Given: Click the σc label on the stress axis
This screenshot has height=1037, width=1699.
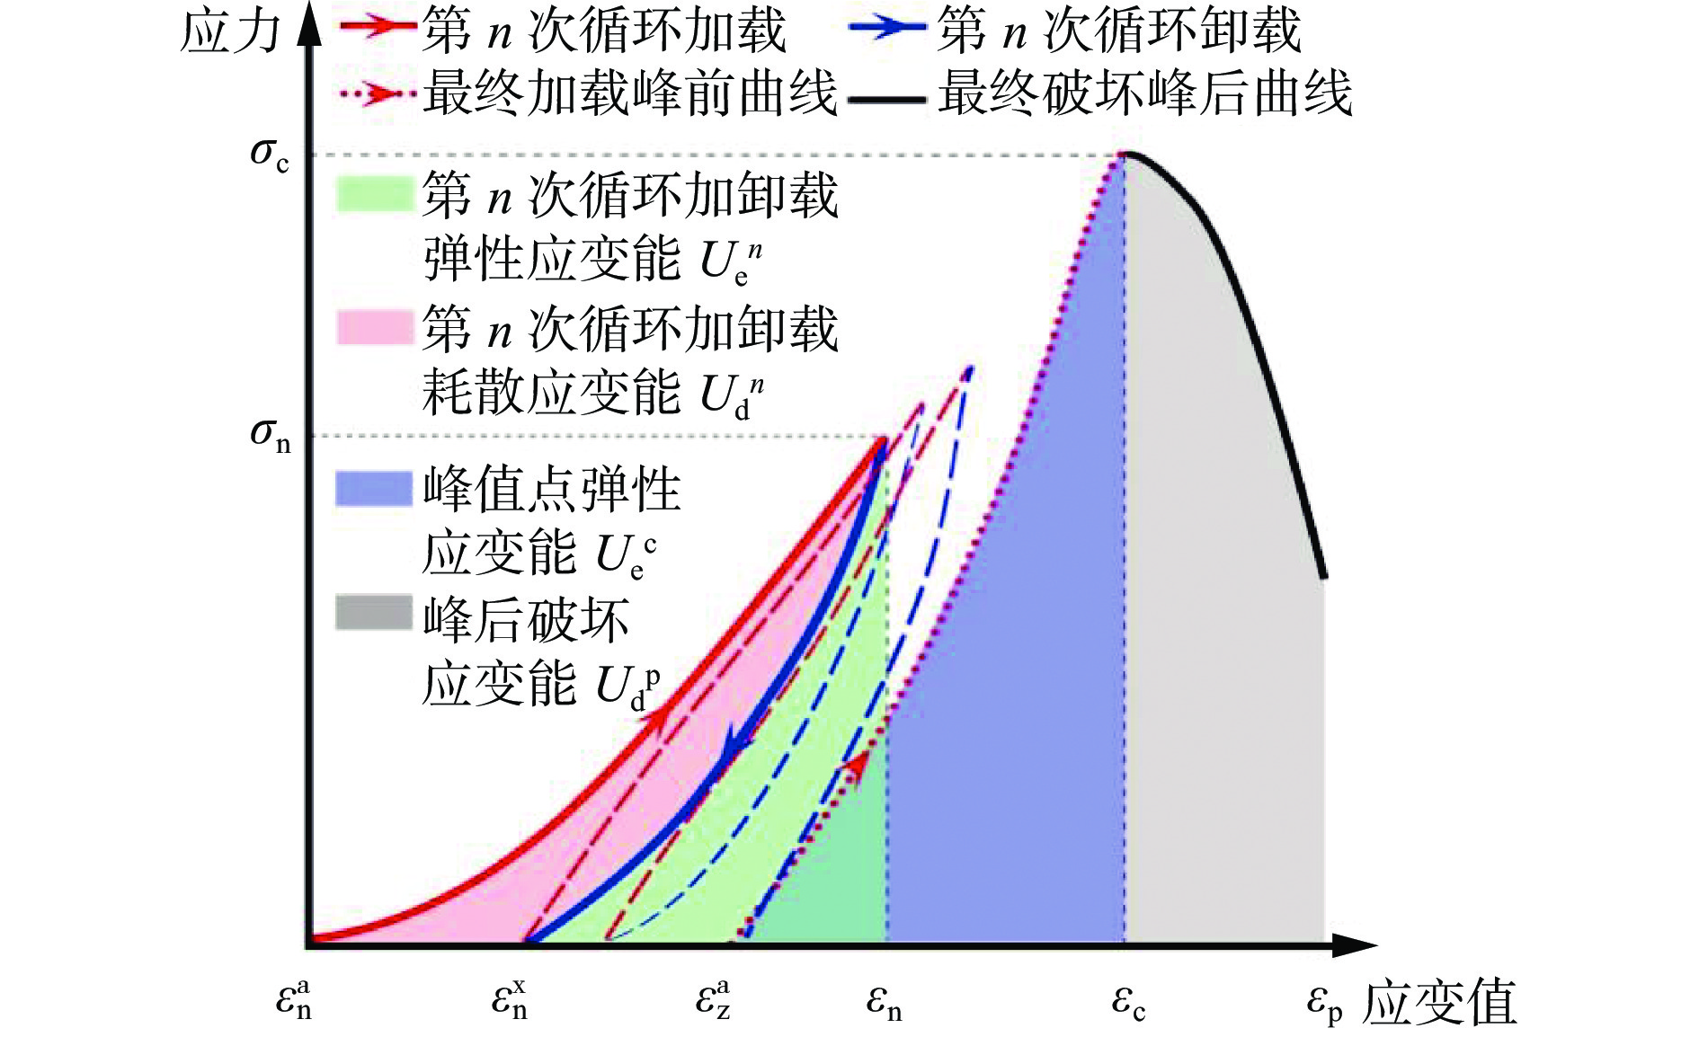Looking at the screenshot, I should point(269,155).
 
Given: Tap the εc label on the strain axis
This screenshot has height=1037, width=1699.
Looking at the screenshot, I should point(1128,1002).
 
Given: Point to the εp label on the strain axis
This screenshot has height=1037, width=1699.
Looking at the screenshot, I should point(1324,1002).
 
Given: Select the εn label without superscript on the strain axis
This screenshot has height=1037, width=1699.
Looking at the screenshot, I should point(883,1002).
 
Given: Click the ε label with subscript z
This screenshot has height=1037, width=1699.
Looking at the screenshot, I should point(714,999).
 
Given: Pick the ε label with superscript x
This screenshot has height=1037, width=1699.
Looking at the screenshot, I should point(510,999).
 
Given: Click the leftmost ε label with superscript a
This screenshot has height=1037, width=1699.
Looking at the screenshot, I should point(294,999).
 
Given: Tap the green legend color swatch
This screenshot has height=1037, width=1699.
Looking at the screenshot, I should point(374,193).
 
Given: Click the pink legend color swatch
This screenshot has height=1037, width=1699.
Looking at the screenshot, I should point(374,327).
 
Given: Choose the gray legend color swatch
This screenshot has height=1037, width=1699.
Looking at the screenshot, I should point(374,613).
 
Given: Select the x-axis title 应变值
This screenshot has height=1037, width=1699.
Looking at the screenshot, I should point(1439,1002).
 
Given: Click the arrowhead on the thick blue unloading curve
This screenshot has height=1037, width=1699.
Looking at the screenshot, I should point(739,742).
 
